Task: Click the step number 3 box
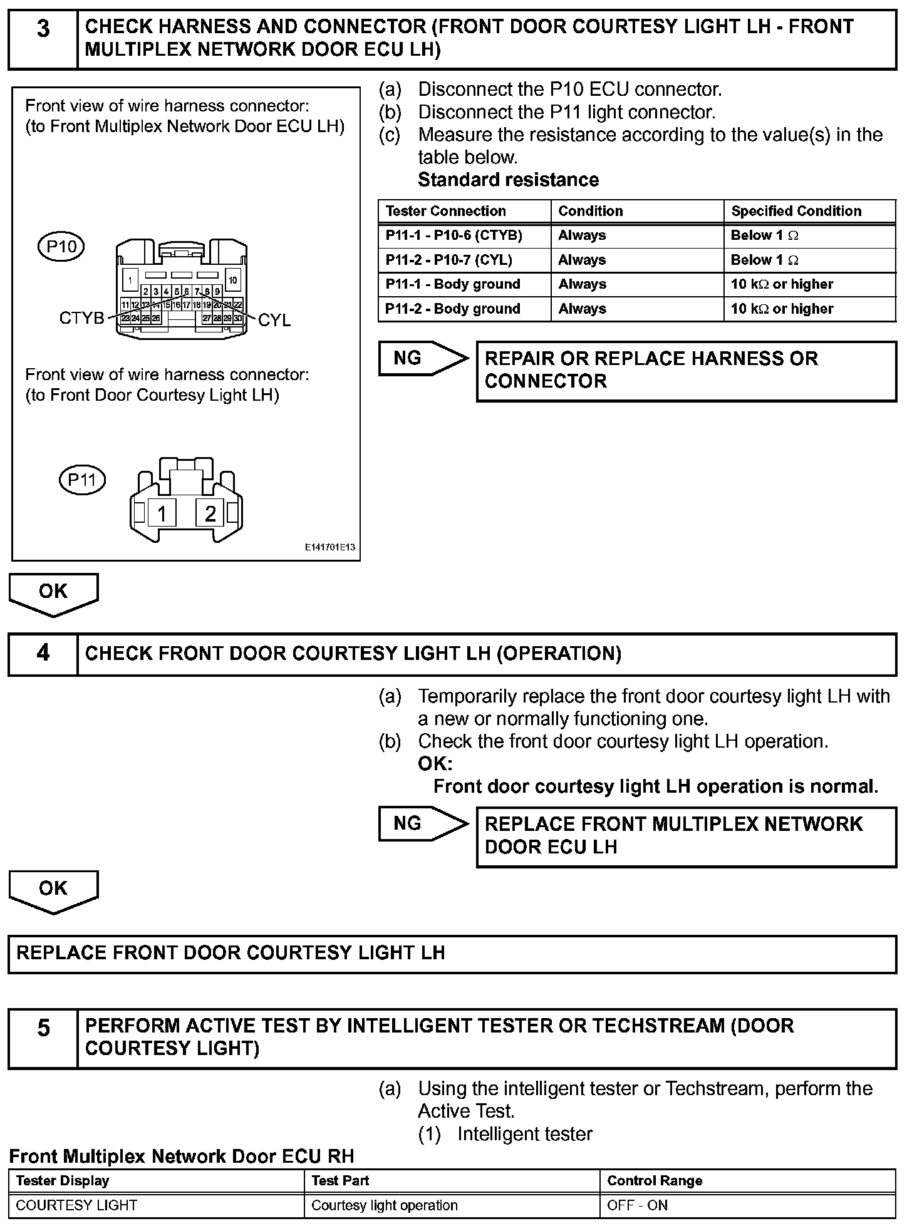click(x=43, y=38)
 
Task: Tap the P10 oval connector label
click(x=61, y=246)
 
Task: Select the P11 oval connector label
click(x=81, y=480)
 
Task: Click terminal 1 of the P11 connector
click(x=162, y=514)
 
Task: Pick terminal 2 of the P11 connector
click(x=210, y=514)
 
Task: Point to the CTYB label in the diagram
click(x=81, y=318)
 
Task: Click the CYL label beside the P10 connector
click(x=274, y=321)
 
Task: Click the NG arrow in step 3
click(x=423, y=358)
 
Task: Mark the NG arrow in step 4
click(x=423, y=823)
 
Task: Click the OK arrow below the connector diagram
click(x=53, y=593)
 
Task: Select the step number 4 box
click(x=43, y=654)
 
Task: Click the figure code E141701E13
click(x=330, y=547)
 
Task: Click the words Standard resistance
click(x=508, y=180)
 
